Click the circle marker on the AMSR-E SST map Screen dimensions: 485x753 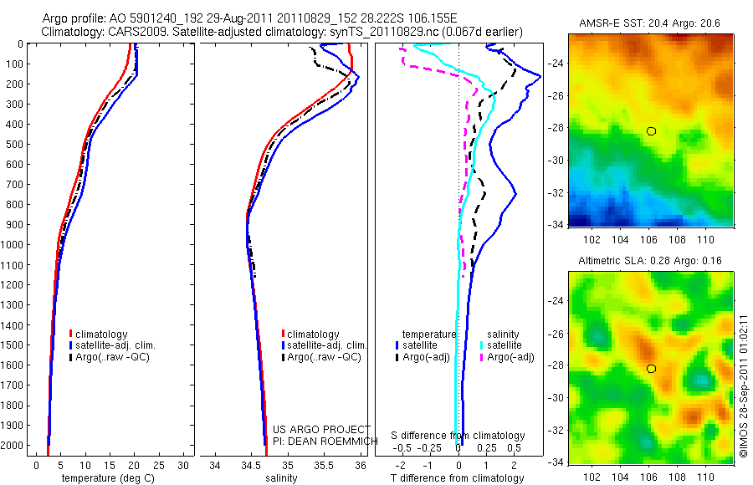[651, 131]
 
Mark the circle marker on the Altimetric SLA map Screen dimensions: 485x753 [651, 369]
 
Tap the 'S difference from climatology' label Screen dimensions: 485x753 [458, 436]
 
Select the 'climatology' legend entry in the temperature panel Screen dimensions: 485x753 [101, 334]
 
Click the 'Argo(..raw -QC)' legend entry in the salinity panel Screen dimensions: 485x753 [323, 357]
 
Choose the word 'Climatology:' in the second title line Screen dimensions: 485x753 [69, 32]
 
